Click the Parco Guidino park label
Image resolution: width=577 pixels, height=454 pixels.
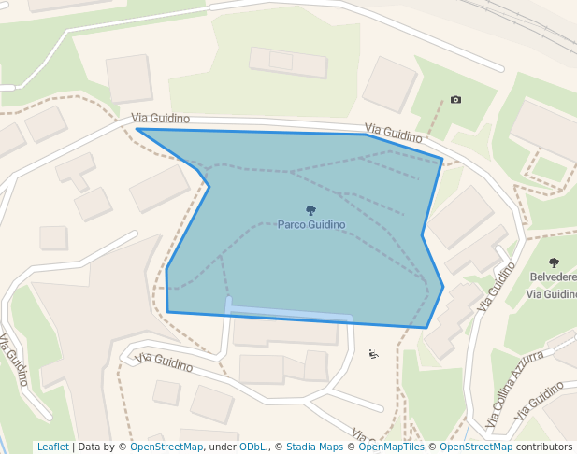point(310,225)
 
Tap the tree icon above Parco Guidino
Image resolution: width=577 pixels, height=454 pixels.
point(310,211)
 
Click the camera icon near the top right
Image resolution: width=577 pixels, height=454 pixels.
point(455,100)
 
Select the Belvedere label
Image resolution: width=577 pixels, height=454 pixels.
point(553,277)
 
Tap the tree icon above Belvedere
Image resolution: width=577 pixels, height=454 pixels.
point(554,263)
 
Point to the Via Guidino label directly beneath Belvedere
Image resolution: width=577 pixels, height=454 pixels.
point(552,293)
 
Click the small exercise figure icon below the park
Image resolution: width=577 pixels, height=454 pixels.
point(373,353)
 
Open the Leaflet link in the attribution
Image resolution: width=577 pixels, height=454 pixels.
point(52,447)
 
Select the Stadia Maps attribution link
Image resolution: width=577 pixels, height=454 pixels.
point(314,447)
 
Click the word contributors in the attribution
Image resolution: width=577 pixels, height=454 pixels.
point(544,447)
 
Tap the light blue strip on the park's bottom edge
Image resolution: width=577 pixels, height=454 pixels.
point(290,313)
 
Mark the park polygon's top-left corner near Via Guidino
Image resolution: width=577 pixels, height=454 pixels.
point(137,129)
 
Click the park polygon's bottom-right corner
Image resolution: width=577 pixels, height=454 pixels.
point(427,328)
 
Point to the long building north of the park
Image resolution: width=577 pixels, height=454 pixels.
point(288,63)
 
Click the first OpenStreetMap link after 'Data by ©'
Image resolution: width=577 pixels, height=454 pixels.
point(166,447)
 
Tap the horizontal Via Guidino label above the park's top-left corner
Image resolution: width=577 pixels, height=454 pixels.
point(161,119)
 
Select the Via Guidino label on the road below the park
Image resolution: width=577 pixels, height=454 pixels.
point(164,361)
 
